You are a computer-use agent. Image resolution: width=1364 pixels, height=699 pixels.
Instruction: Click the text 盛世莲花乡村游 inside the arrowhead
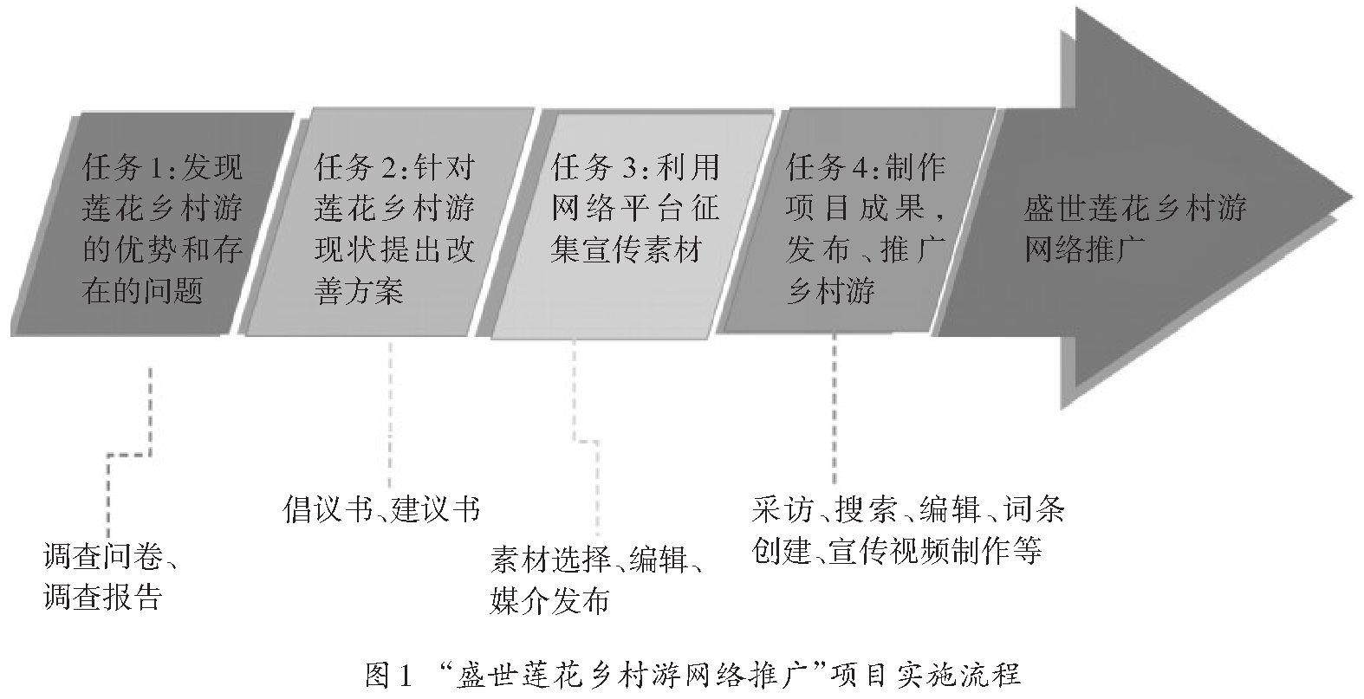click(x=1135, y=209)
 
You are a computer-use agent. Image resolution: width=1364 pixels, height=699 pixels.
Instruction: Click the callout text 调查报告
click(x=102, y=598)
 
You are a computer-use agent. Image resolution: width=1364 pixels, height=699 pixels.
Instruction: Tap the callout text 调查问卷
click(x=102, y=557)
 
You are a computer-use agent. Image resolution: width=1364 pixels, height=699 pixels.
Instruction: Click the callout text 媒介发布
click(x=549, y=600)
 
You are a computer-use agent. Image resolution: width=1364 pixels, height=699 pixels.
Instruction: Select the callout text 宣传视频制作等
click(x=934, y=550)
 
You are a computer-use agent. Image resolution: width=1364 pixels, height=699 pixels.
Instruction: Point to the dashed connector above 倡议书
click(x=389, y=416)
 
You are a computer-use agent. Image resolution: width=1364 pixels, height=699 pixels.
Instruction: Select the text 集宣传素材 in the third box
click(x=625, y=249)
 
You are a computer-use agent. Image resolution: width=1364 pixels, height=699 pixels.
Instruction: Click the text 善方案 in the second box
click(x=359, y=291)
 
